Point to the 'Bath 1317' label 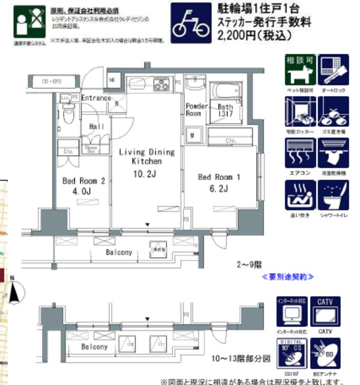[x=225, y=110]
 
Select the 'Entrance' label [x=96, y=98]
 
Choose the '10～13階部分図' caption [x=243, y=359]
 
